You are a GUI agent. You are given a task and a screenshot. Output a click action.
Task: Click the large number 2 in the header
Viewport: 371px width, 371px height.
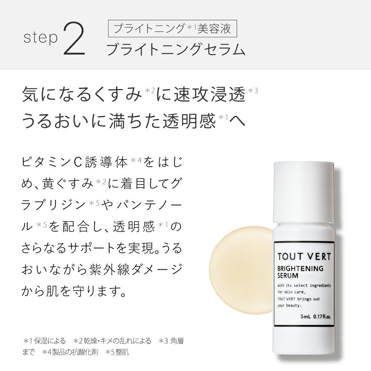pos(76,39)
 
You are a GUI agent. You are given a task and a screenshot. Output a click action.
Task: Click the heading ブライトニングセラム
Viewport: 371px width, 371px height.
pos(175,49)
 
